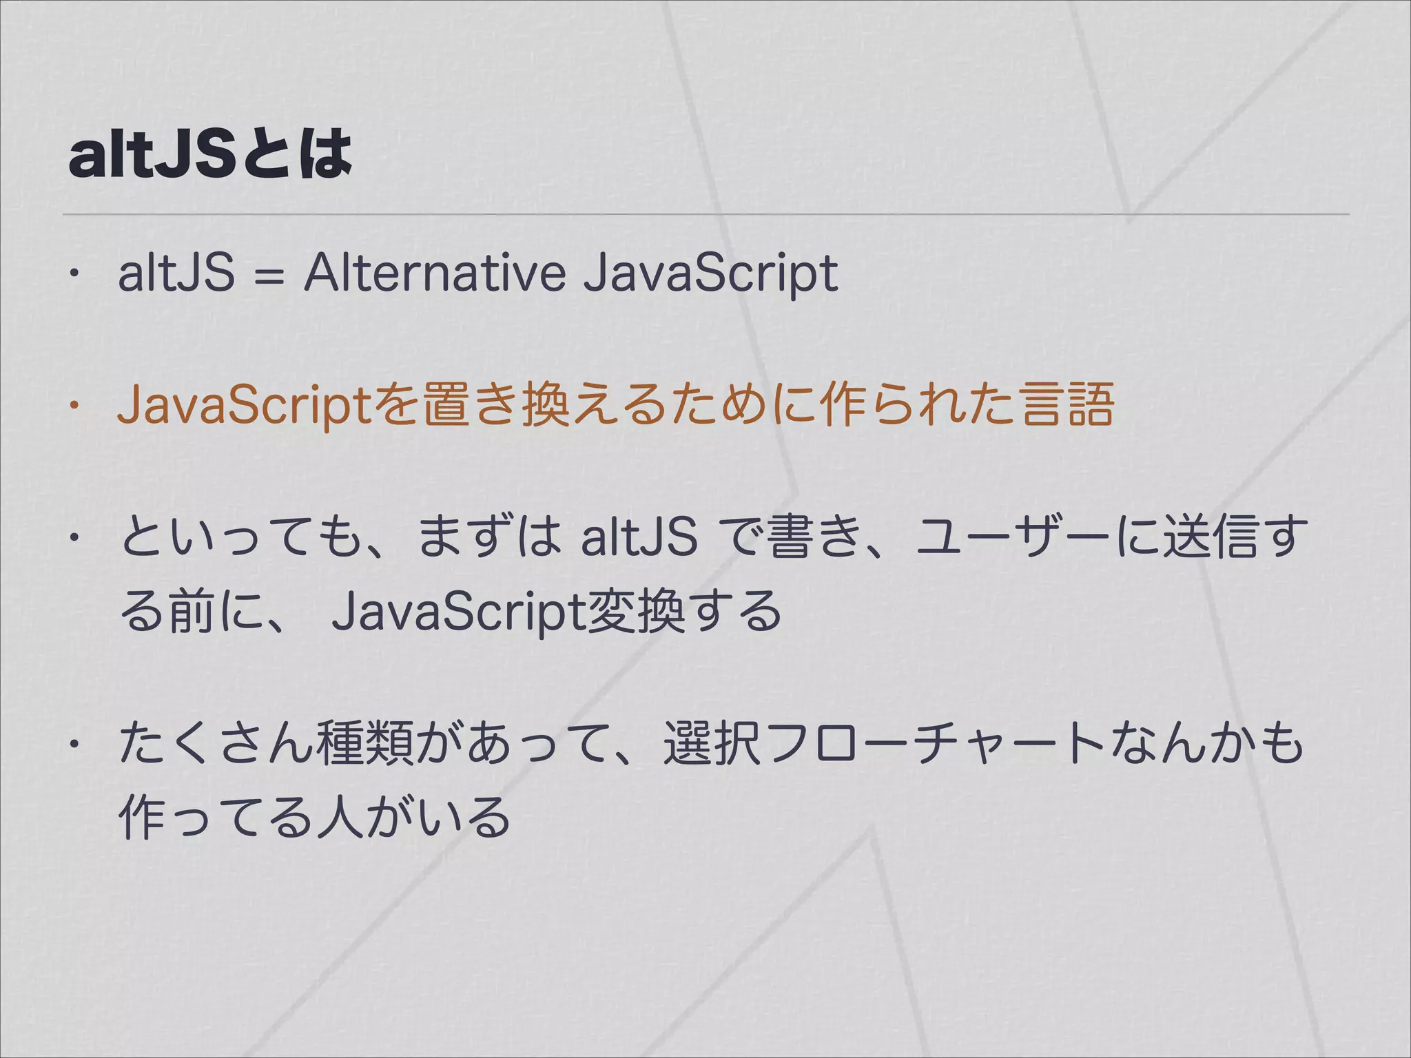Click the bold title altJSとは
(210, 154)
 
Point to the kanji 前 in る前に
(191, 610)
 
